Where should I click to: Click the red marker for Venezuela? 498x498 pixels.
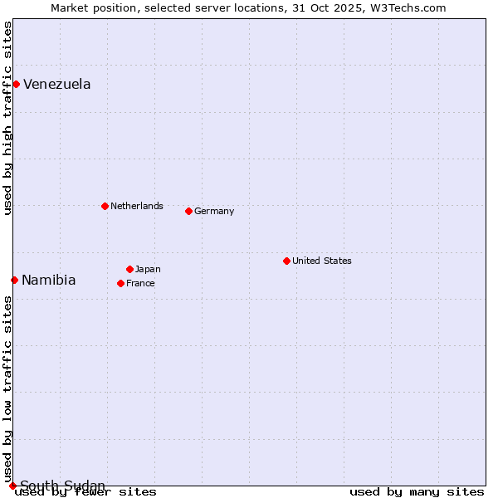tap(16, 84)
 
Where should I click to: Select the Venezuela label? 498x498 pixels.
tap(57, 84)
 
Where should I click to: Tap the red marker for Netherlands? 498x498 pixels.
tap(105, 206)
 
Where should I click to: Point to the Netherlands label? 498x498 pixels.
tap(137, 206)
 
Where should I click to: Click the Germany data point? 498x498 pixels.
tap(188, 211)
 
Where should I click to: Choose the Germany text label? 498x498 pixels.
tap(214, 211)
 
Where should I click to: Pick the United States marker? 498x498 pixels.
tap(286, 261)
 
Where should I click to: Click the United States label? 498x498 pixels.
tap(322, 261)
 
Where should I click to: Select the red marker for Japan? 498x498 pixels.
tap(129, 269)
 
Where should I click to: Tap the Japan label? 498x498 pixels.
tap(148, 269)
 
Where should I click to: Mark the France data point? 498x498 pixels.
tap(120, 283)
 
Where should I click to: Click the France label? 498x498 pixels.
tap(140, 283)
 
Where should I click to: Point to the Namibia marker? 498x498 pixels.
tap(14, 280)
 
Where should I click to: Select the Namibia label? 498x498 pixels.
tap(49, 280)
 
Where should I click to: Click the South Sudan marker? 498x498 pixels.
tap(12, 486)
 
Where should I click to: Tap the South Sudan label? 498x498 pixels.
tap(63, 486)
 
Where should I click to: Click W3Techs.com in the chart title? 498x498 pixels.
tap(408, 8)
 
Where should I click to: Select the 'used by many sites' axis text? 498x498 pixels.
tap(417, 492)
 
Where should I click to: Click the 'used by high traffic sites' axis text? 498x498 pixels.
tap(8, 118)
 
